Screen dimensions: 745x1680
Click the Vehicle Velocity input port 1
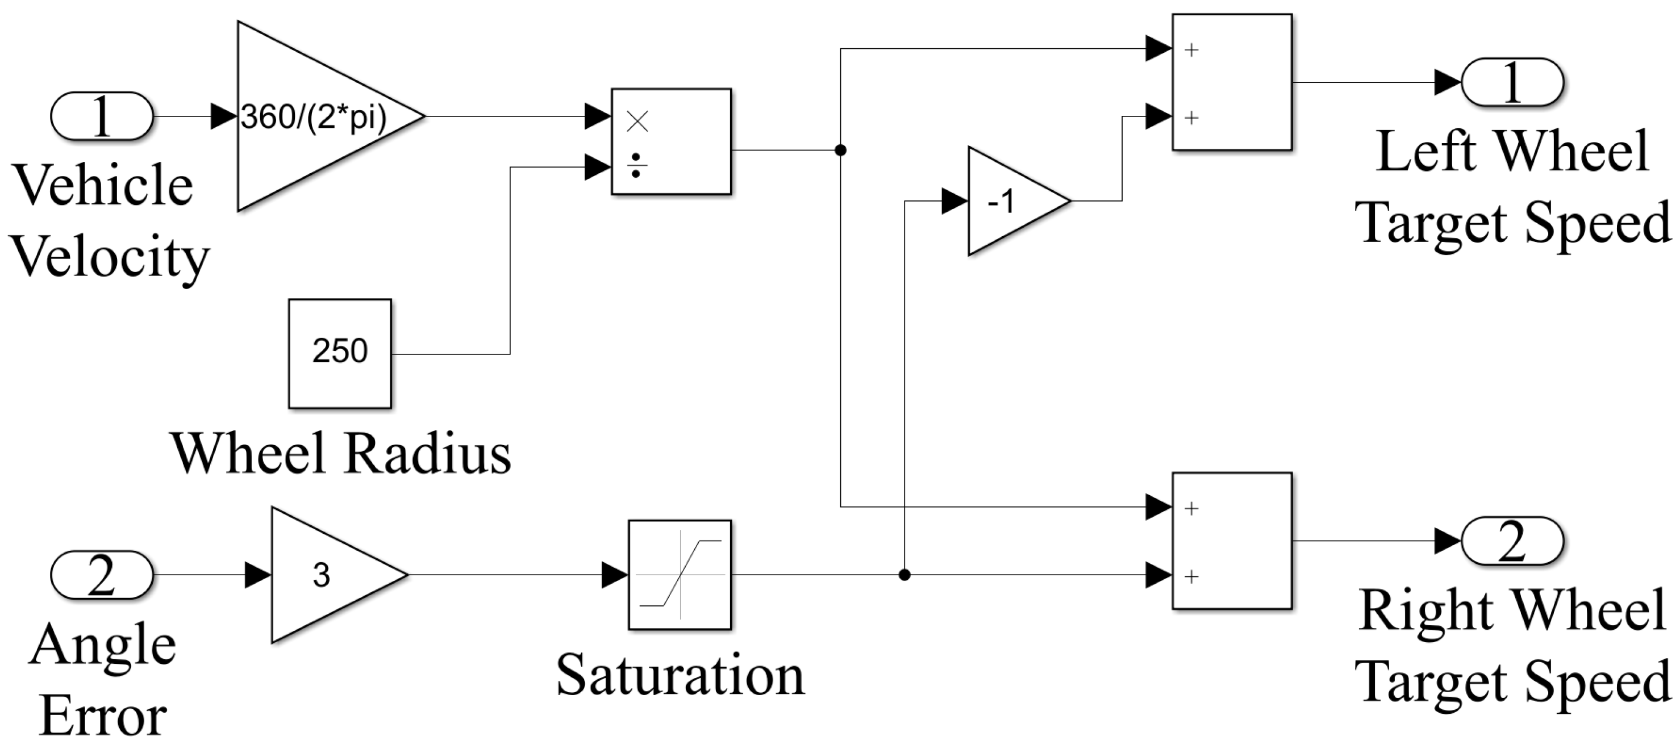tap(102, 116)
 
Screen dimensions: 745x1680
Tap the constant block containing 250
tap(340, 353)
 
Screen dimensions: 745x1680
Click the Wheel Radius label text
tap(340, 454)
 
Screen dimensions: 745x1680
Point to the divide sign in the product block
tap(637, 166)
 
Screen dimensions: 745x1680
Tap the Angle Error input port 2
tap(102, 575)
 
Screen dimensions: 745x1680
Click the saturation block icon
tap(679, 575)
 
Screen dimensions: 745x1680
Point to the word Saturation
tap(679, 675)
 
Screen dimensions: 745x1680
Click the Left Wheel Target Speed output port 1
tap(1512, 82)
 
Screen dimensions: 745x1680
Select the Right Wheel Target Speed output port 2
tap(1512, 541)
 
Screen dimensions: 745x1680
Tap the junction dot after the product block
tap(841, 150)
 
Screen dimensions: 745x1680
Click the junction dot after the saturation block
tap(904, 575)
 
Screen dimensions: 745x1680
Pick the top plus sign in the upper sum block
tap(1191, 49)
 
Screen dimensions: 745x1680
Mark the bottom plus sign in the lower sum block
tap(1191, 576)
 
